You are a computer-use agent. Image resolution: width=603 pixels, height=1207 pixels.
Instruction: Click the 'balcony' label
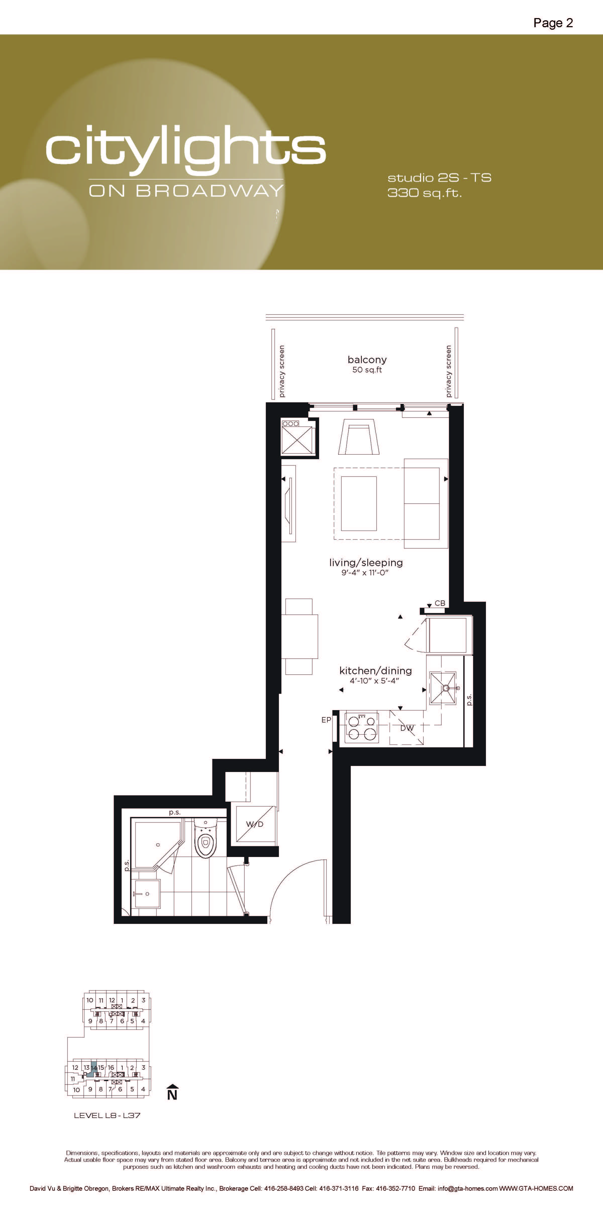(367, 360)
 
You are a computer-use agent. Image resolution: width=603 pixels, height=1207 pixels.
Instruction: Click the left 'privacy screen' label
(281, 371)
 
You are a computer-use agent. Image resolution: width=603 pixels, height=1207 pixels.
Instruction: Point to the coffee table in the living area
(359, 503)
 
